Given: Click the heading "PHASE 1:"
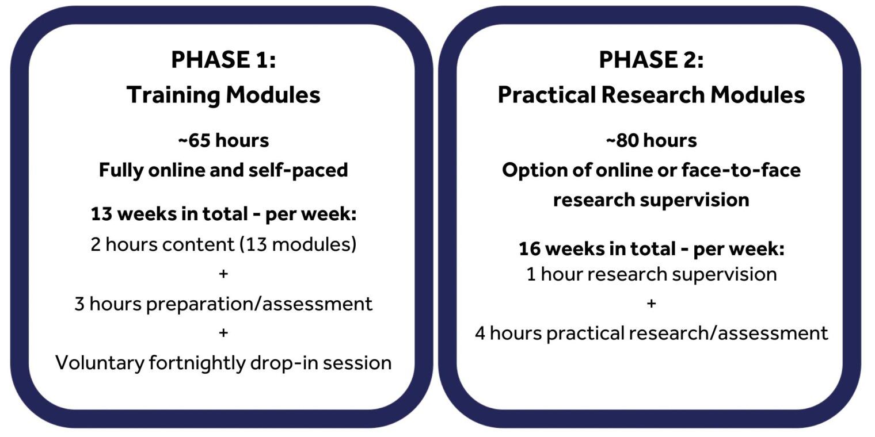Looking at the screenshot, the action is (223, 60).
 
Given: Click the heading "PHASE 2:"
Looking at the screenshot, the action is (651, 60).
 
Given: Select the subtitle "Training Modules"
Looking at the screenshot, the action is (223, 95).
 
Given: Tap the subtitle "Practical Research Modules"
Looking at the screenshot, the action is (651, 95).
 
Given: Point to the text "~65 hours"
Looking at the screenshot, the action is (223, 140).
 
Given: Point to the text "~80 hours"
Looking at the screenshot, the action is (651, 140).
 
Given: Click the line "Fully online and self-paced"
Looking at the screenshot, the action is (223, 171).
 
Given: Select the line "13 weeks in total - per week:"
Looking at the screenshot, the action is (223, 214).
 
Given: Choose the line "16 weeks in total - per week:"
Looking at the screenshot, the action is (652, 249).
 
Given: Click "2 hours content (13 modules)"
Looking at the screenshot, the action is (223, 245).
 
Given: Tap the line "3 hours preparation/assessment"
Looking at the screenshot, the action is (223, 304).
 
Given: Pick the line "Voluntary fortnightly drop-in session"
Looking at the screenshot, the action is (223, 363).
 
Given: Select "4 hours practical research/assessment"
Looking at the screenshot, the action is (652, 333).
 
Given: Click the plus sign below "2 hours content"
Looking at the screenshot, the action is (223, 274).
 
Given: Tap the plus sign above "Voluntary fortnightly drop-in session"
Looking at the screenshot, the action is (223, 333).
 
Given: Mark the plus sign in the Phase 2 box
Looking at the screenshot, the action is (651, 303).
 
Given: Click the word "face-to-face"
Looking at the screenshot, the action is (741, 170).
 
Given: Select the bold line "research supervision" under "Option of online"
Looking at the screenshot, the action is (651, 200).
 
